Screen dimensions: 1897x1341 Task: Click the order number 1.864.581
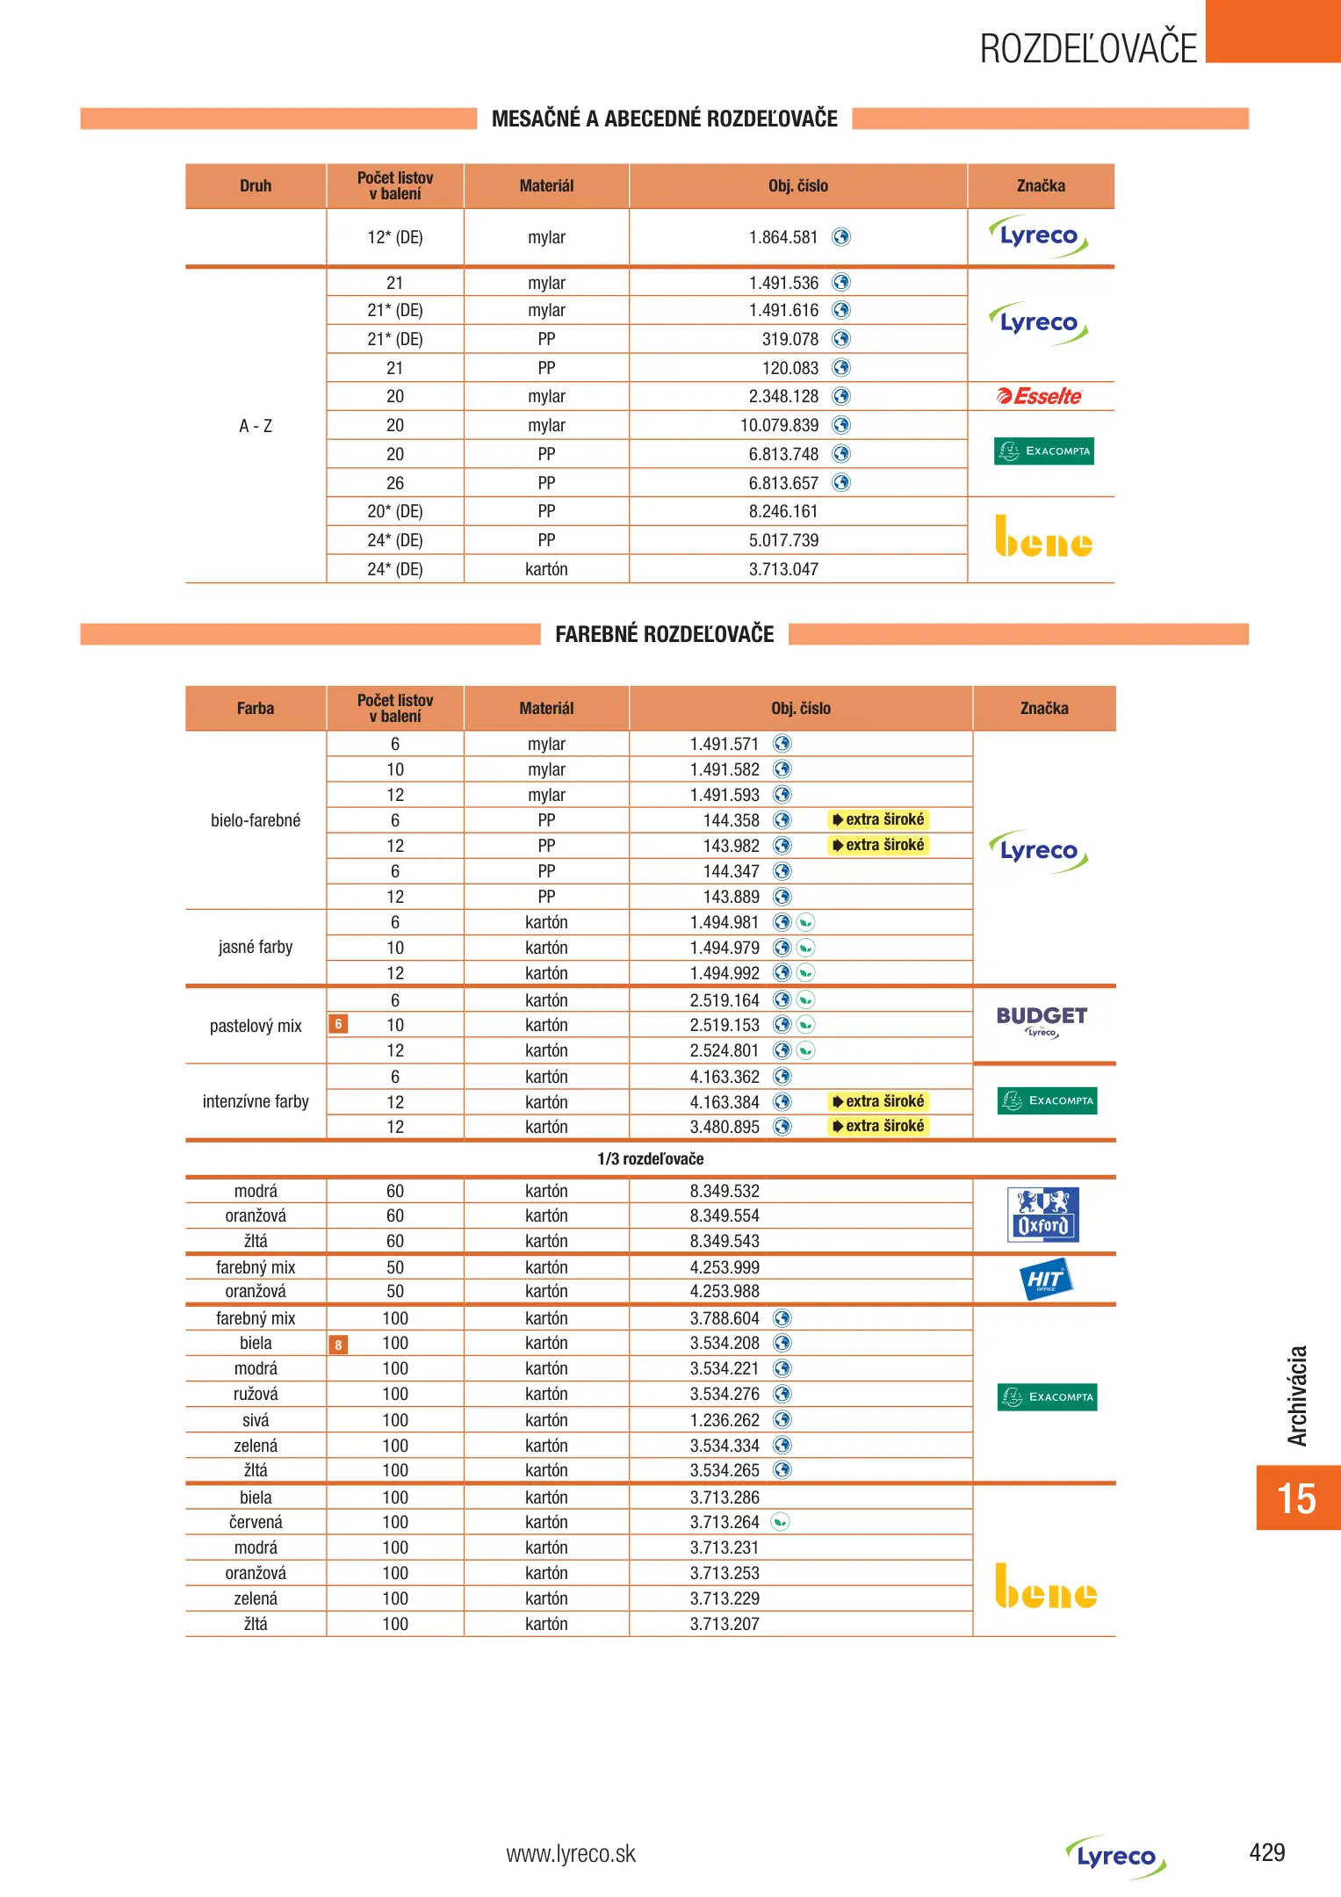coord(782,237)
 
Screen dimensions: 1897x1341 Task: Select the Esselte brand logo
coord(1040,396)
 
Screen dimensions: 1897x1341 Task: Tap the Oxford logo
coord(1042,1215)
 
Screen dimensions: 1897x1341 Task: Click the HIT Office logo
coord(1045,1280)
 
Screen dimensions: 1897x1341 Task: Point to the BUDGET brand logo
coord(1042,1021)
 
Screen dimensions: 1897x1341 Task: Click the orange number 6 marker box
coord(338,1024)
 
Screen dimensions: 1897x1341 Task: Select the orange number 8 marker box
coord(338,1345)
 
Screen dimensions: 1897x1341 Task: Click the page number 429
coord(1266,1852)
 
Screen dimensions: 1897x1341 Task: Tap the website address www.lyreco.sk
coord(571,1854)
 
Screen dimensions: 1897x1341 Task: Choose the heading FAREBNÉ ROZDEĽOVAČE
coord(664,634)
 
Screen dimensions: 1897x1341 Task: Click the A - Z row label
coord(256,426)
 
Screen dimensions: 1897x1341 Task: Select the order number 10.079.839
coord(779,425)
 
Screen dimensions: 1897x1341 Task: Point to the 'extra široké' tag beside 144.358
coord(878,819)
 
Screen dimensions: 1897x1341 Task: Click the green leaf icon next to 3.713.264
coord(780,1522)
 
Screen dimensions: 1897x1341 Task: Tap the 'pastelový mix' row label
coord(256,1026)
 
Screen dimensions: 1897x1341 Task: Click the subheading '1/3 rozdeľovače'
coord(650,1158)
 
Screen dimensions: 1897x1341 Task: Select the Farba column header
coord(256,708)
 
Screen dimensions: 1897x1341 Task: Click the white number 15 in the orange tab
coord(1296,1498)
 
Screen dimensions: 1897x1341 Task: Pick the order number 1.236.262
coord(725,1420)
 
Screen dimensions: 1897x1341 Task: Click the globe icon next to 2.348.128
coord(841,396)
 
